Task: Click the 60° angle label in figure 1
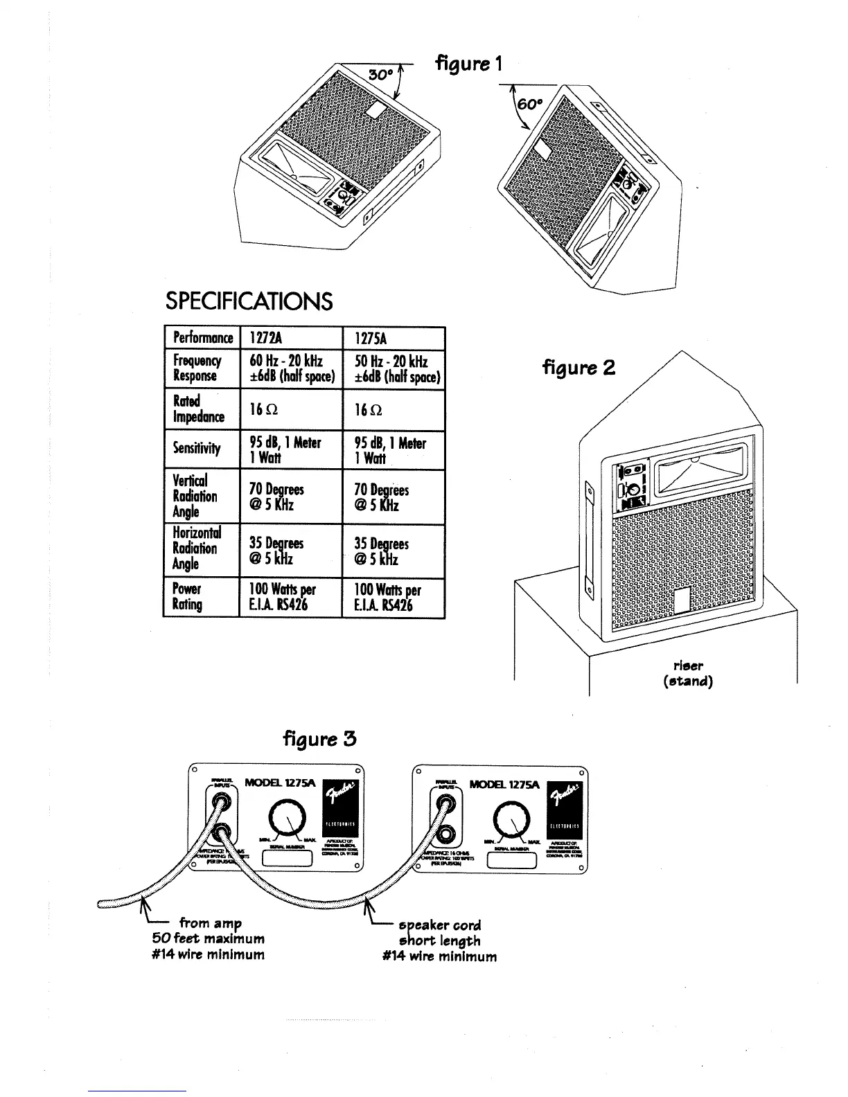tap(529, 103)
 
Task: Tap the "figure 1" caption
tap(468, 64)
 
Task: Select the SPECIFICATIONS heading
tap(249, 301)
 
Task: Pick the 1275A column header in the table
tap(370, 338)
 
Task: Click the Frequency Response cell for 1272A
tap(291, 368)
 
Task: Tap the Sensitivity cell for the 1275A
tap(391, 450)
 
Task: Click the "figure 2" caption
tap(578, 367)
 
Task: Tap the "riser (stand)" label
tap(688, 673)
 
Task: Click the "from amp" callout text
tap(210, 923)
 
